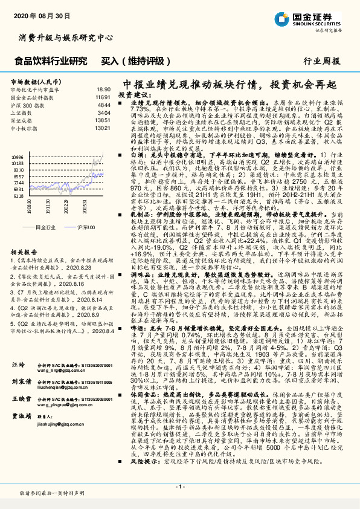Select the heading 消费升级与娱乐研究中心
coord(66,37)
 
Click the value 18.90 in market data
coord(103,89)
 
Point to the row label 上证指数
coord(23,112)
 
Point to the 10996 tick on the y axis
coord(18,156)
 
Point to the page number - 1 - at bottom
coord(180,487)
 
